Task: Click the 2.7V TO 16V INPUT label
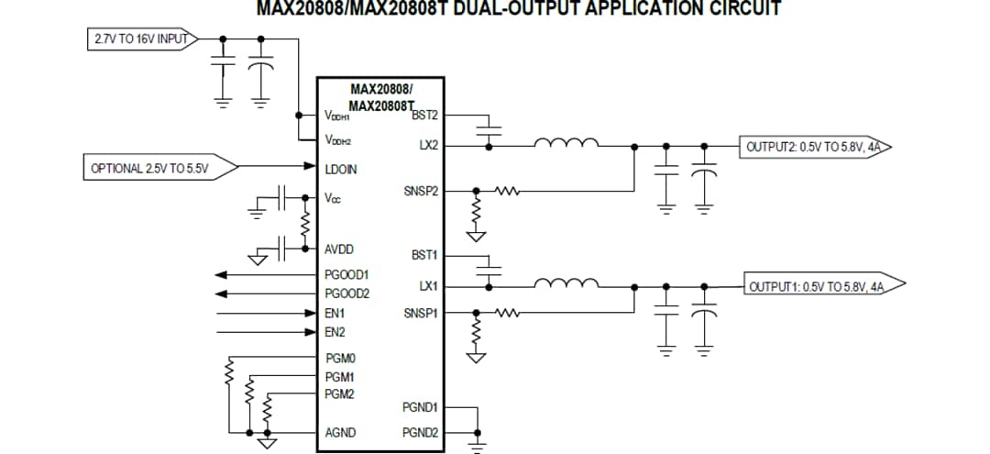coord(140,39)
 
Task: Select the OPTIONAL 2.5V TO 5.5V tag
coord(149,169)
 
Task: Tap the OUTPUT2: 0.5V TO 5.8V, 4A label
coord(814,146)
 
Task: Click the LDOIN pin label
coord(341,170)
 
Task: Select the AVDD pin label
coord(339,249)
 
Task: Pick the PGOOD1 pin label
coord(346,274)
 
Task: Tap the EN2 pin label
coord(335,332)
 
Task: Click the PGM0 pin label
coord(340,359)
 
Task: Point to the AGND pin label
coord(340,432)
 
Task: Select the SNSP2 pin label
coord(421,191)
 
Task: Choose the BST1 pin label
coord(424,254)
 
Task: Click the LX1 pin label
coord(428,286)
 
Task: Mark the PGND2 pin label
coord(420,432)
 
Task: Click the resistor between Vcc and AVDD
coord(304,223)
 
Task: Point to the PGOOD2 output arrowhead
coord(221,293)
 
